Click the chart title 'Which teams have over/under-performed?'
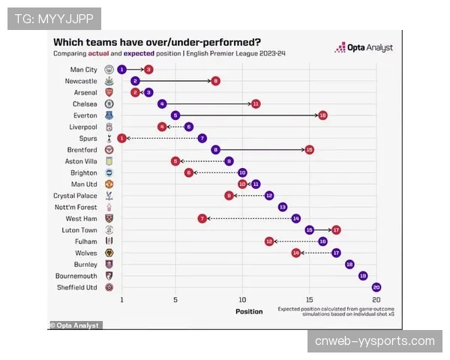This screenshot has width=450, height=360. coord(157,42)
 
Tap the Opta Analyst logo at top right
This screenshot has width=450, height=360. coord(367,47)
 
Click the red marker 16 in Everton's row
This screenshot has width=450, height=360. coord(322,115)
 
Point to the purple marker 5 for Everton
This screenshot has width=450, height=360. coord(175,115)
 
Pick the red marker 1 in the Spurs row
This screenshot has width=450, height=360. coord(121,138)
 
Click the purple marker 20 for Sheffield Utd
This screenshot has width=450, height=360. coord(376,286)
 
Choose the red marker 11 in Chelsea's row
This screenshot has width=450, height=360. coord(256,103)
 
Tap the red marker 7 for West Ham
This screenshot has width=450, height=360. coord(202,218)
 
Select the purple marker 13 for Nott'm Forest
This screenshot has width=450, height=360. coord(283,206)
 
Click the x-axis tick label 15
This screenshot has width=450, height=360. coord(309,299)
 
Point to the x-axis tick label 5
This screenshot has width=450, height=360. coord(175,299)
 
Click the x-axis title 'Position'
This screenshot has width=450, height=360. coord(249,311)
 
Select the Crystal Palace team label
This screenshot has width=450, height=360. coord(74,195)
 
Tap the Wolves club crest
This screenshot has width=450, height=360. coord(109,253)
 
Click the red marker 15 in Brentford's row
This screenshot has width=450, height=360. coord(309,149)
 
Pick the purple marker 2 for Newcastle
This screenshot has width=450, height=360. coord(135,80)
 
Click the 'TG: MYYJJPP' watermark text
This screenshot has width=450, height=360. coord(54,18)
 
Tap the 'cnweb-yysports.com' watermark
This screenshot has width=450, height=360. coord(375,341)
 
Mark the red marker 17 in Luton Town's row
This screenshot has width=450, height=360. coord(336,229)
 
